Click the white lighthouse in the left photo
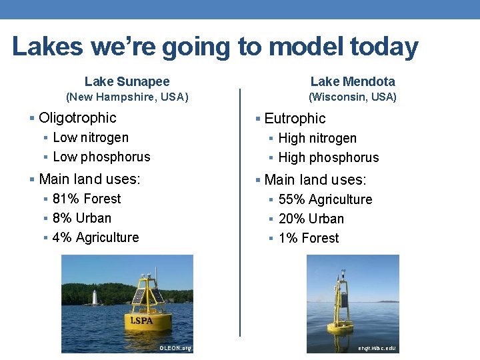pyautogui.click(x=95, y=297)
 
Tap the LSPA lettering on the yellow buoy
pyautogui.click(x=141, y=320)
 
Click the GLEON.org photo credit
pyautogui.click(x=175, y=348)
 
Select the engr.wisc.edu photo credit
pyautogui.click(x=377, y=348)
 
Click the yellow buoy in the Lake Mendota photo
pyautogui.click(x=343, y=311)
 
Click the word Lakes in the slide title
pyautogui.click(x=48, y=47)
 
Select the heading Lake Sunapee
pyautogui.click(x=127, y=81)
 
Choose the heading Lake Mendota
pyautogui.click(x=353, y=81)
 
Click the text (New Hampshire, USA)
pyautogui.click(x=127, y=97)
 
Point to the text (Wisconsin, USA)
pyautogui.click(x=353, y=97)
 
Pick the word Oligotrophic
pyautogui.click(x=77, y=118)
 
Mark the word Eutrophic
pyautogui.click(x=295, y=119)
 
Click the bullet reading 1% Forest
pyautogui.click(x=309, y=238)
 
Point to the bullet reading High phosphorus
pyautogui.click(x=328, y=157)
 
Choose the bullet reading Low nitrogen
pyautogui.click(x=91, y=137)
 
